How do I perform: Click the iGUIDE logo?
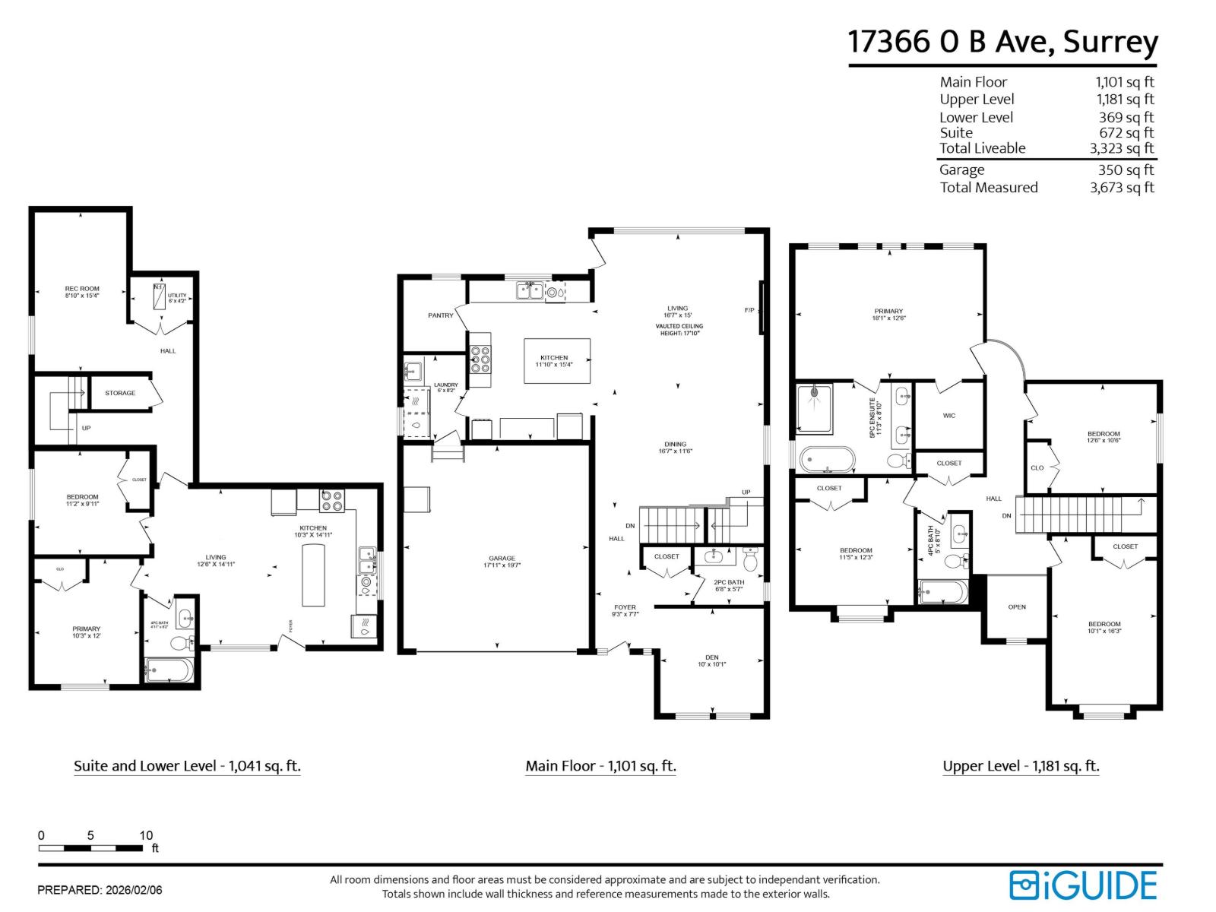click(1082, 885)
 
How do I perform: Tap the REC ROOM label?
click(82, 289)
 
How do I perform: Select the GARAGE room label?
click(502, 558)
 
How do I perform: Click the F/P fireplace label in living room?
click(749, 310)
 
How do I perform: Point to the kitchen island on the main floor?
click(556, 361)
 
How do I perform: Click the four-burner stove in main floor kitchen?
click(480, 359)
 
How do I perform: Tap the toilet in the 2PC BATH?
click(750, 561)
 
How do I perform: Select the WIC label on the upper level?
click(949, 416)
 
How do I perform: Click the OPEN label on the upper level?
click(1017, 606)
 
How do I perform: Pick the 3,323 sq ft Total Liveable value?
click(1121, 148)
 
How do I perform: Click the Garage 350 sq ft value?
click(1126, 170)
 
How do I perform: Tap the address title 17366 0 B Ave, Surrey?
click(1002, 42)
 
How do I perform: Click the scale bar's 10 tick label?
click(146, 835)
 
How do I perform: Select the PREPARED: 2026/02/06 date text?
click(100, 889)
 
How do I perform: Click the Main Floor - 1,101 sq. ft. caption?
click(600, 766)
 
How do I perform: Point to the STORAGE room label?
click(120, 393)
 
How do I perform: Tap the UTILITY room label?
click(176, 296)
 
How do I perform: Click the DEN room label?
click(711, 657)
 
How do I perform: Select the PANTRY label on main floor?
click(440, 315)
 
